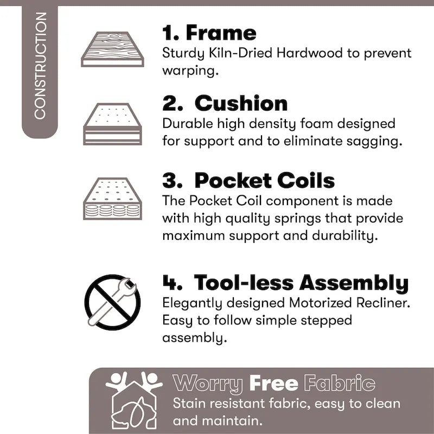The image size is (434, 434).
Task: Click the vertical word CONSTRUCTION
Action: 40,66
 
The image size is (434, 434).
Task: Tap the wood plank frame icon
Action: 112,49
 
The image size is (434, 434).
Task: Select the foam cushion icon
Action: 112,124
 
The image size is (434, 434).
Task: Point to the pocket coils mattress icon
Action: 112,199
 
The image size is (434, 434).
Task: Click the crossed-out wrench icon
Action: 112,302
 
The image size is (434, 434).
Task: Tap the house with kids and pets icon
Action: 134,400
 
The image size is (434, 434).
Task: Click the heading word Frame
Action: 221,33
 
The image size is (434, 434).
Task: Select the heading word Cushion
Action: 241,104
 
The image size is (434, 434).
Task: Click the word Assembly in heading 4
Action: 354,283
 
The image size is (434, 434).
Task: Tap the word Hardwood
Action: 309,53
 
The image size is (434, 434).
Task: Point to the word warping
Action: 190,71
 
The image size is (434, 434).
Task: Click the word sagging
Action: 374,142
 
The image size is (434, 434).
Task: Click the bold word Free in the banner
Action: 273,384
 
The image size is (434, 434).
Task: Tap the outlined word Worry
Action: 208,384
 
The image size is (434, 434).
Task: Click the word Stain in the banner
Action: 191,404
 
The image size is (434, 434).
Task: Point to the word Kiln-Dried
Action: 240,53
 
